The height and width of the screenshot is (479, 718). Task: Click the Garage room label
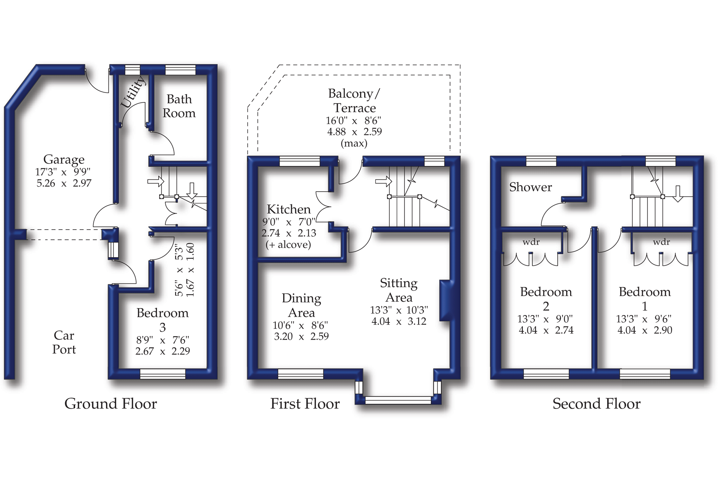pos(64,159)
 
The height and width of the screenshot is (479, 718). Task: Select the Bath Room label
pos(179,106)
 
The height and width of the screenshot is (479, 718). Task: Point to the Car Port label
pos(64,342)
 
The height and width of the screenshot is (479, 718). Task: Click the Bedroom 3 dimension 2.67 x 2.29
pos(162,351)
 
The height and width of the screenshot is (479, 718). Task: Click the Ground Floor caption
pos(110,404)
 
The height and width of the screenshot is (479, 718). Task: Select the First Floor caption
pos(305,404)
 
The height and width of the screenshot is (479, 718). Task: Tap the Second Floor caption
pos(596,404)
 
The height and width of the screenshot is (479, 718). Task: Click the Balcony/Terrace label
pos(354,101)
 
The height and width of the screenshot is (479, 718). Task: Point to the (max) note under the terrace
pos(354,143)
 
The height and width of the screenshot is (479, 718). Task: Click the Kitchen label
pos(288,209)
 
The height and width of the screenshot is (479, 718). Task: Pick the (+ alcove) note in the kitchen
pos(288,244)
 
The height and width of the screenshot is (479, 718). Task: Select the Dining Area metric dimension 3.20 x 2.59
pos(301,336)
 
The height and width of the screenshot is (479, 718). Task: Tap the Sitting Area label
pos(399,290)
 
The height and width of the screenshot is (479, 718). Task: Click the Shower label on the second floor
pos(530,187)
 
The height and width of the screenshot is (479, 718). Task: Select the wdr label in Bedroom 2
pos(531,242)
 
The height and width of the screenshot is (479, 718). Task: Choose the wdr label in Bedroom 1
pos(661,242)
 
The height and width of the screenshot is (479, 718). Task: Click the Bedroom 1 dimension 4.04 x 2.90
pos(644,330)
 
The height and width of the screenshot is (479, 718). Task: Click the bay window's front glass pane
pos(398,400)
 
